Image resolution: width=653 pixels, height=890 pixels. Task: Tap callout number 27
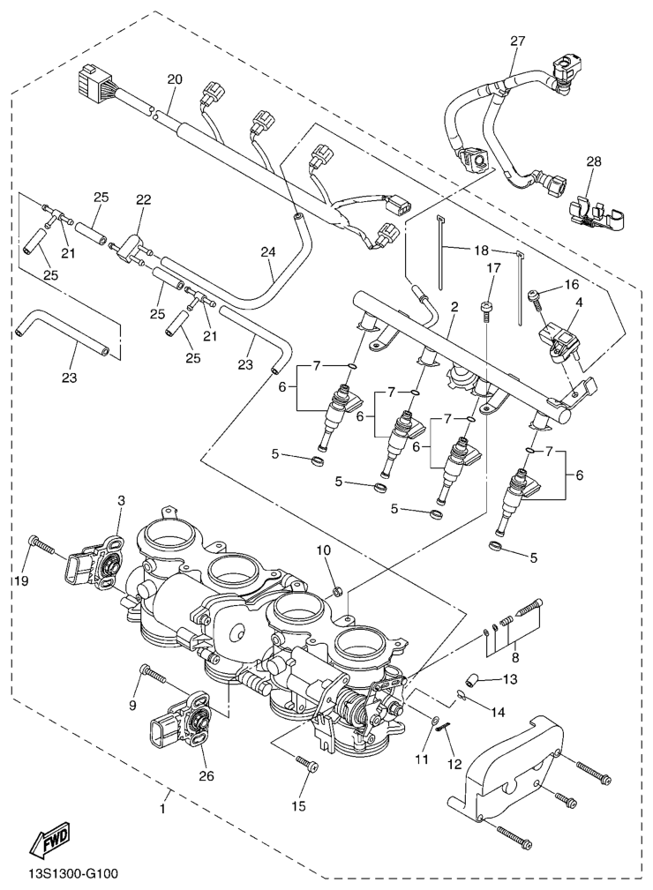tap(517, 41)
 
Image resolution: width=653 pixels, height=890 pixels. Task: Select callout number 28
tap(593, 161)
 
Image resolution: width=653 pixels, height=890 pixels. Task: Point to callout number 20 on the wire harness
tap(174, 79)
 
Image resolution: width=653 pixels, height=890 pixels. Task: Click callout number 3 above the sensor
tap(121, 501)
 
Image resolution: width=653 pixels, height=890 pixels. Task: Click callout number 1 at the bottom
tap(163, 807)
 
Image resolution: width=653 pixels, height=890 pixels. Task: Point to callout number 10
tap(324, 551)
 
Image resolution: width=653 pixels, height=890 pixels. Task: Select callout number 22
tap(142, 201)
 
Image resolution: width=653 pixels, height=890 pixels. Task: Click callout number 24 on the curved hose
tap(268, 251)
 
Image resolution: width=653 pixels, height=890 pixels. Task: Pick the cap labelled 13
tap(471, 679)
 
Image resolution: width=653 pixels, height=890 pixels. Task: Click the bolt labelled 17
tap(484, 309)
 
